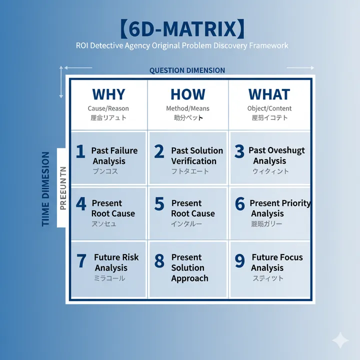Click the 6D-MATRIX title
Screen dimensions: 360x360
[183, 29]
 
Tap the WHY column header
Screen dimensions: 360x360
[108, 94]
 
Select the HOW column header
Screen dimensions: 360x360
[188, 94]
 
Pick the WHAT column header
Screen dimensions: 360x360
[269, 94]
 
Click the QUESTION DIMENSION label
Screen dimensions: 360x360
[187, 70]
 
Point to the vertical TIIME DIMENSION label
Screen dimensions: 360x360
[46, 189]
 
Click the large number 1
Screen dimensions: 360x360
[80, 151]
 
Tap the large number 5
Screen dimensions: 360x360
[159, 204]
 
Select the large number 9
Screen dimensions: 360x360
[239, 261]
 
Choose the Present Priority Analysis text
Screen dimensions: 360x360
[279, 208]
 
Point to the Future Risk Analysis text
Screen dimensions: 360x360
[116, 262]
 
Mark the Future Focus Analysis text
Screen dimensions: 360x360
[276, 262]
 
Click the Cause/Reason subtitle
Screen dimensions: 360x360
[108, 108]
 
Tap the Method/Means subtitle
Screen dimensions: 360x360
[188, 108]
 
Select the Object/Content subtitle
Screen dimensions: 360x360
[269, 108]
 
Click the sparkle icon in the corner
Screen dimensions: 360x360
[340, 340]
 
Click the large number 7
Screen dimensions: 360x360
[81, 261]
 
